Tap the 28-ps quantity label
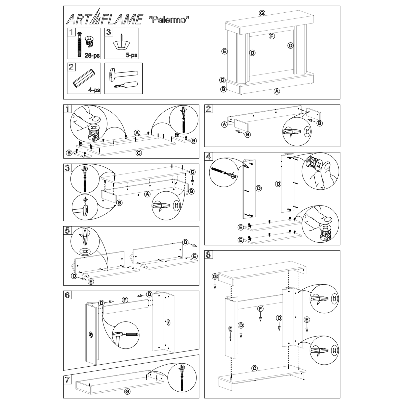pos(92,56)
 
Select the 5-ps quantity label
pos(132,55)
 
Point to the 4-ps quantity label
pos(94,90)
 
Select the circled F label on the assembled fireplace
pos(272,36)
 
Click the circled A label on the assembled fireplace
pos(277,91)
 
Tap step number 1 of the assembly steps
pos(67,109)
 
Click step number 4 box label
pos(208,156)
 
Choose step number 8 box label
pos(208,255)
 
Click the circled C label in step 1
pos(139,153)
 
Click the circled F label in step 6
pos(125,300)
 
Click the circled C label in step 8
pos(255,368)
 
